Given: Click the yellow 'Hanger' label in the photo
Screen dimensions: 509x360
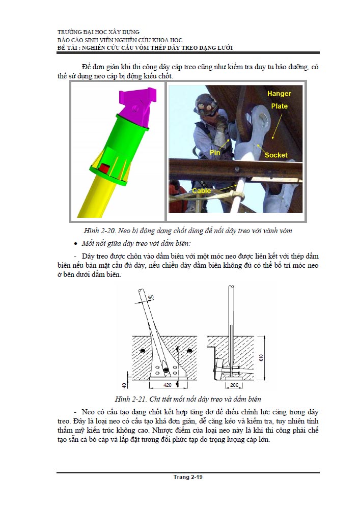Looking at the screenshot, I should (279, 94).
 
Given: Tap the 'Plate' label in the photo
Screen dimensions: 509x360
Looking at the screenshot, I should (279, 106).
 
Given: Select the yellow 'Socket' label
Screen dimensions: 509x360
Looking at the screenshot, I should (276, 155).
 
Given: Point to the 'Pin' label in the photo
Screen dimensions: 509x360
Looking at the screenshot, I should (214, 152).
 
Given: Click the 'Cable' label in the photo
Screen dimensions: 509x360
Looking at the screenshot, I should (202, 191).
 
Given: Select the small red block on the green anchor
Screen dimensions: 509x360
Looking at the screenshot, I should (104, 167).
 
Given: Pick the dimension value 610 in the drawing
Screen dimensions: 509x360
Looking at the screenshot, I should (261, 357).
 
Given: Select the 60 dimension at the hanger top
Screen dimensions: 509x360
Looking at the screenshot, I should (150, 297).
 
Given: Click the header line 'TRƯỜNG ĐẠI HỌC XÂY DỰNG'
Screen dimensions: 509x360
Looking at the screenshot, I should (99, 32).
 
